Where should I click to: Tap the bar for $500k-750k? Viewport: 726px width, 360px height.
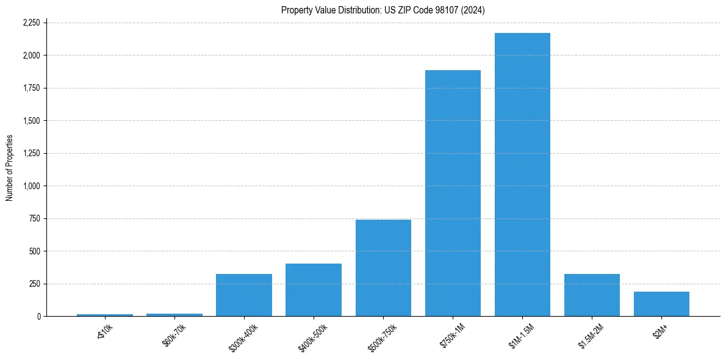pos(383,268)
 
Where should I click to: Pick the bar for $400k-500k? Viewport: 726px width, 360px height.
pos(314,290)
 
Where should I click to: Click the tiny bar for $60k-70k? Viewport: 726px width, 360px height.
pos(174,315)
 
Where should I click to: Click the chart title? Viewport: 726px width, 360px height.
pos(383,10)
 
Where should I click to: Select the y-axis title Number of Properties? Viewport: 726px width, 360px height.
pos(9,168)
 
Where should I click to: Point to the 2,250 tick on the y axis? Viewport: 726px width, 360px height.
pos(31,23)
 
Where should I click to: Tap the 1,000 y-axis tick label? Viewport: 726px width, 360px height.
pos(31,186)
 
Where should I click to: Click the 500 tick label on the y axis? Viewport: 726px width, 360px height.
pos(35,251)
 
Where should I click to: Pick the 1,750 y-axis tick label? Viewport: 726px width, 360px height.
pos(31,88)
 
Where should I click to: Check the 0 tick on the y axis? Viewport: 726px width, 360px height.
pos(39,317)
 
